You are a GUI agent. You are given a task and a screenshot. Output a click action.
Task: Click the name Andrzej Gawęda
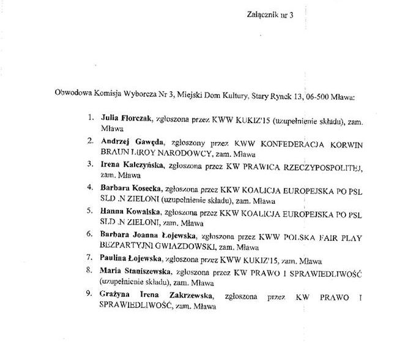[x=128, y=141]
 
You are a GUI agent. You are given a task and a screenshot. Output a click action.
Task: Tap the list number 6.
[x=90, y=233]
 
